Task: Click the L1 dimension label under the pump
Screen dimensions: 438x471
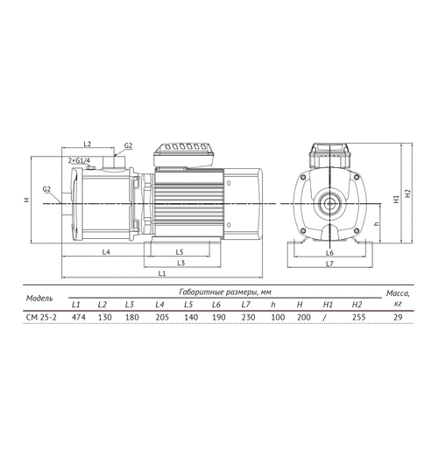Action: click(162, 273)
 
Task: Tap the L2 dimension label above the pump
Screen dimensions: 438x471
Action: click(87, 144)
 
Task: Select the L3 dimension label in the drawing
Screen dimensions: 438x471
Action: click(181, 264)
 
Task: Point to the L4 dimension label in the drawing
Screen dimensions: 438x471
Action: click(106, 252)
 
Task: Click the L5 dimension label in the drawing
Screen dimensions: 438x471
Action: click(180, 252)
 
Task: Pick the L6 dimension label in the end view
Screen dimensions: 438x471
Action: click(329, 253)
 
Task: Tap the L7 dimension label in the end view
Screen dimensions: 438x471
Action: click(329, 264)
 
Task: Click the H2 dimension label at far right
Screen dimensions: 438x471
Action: click(407, 193)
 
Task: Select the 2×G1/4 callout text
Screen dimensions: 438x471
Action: click(79, 161)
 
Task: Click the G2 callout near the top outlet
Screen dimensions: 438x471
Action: click(129, 145)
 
